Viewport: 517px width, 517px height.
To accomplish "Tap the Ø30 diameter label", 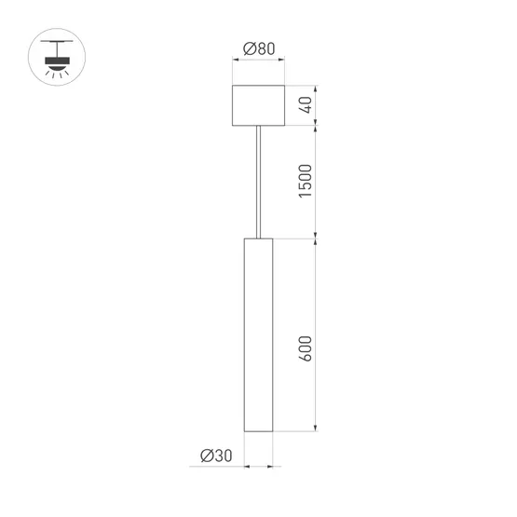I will pyautogui.click(x=215, y=456).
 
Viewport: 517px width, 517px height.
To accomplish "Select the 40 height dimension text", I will pyautogui.click(x=306, y=105).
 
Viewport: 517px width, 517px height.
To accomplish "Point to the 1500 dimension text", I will pyautogui.click(x=306, y=181).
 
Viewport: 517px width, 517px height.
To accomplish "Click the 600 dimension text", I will pyautogui.click(x=306, y=347).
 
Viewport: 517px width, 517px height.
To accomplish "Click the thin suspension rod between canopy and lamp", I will pyautogui.click(x=258, y=181).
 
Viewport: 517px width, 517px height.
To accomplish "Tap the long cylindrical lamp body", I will pyautogui.click(x=258, y=335).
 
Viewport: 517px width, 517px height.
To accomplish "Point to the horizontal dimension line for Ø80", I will pyautogui.click(x=258, y=61).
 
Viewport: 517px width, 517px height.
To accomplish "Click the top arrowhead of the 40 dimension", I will pyautogui.click(x=318, y=89).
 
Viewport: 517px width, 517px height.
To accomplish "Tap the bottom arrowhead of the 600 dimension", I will pyautogui.click(x=318, y=429).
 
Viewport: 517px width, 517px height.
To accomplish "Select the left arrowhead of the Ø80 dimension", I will pyautogui.click(x=235, y=61).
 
